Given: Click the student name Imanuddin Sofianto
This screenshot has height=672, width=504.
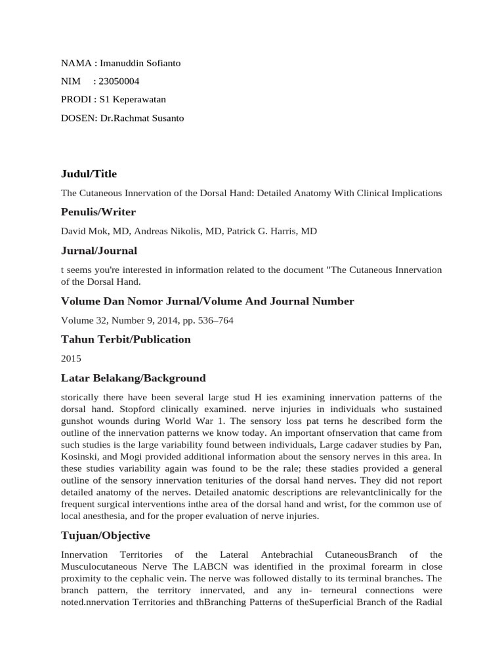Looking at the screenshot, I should (x=140, y=63).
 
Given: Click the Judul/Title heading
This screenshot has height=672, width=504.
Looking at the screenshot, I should (x=89, y=174).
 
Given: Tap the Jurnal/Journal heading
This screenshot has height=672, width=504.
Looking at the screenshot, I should (x=98, y=251).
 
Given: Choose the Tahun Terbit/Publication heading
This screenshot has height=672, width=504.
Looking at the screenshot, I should (x=125, y=339).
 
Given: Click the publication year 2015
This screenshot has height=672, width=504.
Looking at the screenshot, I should (x=70, y=359).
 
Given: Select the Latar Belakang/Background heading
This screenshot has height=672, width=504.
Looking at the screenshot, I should (x=133, y=378).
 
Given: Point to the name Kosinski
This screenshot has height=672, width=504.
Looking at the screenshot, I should (x=82, y=456).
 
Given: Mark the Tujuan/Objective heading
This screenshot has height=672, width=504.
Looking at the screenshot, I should (x=105, y=535).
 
